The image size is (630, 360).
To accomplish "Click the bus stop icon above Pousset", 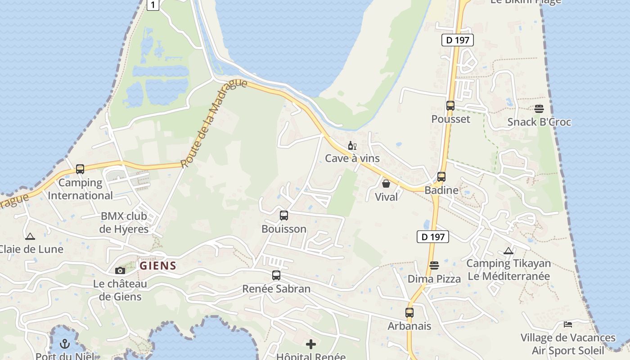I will [x=450, y=106].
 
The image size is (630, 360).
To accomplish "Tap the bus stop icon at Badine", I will [x=441, y=177].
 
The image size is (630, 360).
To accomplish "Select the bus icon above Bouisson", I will [x=283, y=216].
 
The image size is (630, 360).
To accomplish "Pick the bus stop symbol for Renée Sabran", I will [x=276, y=275].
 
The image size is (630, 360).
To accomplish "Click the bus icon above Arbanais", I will [x=409, y=313].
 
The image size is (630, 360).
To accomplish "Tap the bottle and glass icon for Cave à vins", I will [x=352, y=146].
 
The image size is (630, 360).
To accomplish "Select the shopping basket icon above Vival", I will [x=386, y=184].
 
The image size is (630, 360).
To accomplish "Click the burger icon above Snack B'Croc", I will [x=539, y=109].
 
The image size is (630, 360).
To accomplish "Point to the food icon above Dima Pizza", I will [x=434, y=265].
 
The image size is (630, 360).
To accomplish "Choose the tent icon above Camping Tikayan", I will [x=508, y=251].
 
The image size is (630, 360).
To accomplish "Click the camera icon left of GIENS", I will [x=120, y=270].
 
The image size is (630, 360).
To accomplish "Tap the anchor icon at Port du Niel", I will [x=65, y=344].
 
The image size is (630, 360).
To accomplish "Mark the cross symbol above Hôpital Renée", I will [x=310, y=345].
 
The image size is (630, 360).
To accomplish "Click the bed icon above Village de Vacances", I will [x=568, y=324].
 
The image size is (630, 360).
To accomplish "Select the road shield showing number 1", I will [x=153, y=5].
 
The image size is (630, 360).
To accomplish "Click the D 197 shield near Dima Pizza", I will [x=432, y=237].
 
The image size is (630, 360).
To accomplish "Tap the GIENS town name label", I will [x=157, y=266].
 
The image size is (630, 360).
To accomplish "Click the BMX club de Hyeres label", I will [x=124, y=222].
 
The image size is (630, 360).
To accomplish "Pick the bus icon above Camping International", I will [x=80, y=169].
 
